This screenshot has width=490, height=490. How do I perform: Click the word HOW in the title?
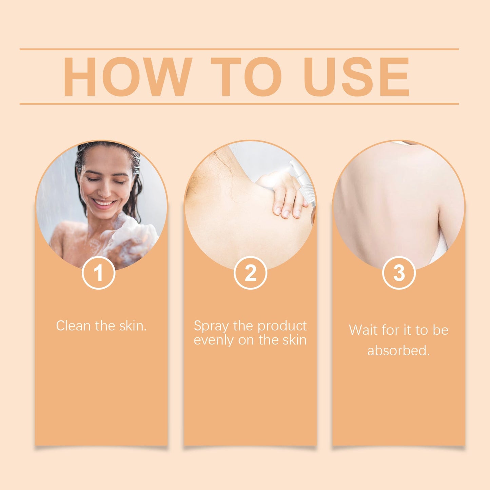tap(127, 77)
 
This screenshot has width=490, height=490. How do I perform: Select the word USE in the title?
tap(356, 77)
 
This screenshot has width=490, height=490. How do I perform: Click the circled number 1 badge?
tap(98, 273)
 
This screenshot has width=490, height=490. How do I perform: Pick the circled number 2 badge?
tap(250, 273)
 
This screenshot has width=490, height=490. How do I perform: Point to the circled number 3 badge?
tap(399, 273)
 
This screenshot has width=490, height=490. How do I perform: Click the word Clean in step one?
tap(74, 326)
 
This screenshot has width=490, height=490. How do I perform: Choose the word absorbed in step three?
tap(398, 351)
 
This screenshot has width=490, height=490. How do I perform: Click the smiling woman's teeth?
tap(104, 203)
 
